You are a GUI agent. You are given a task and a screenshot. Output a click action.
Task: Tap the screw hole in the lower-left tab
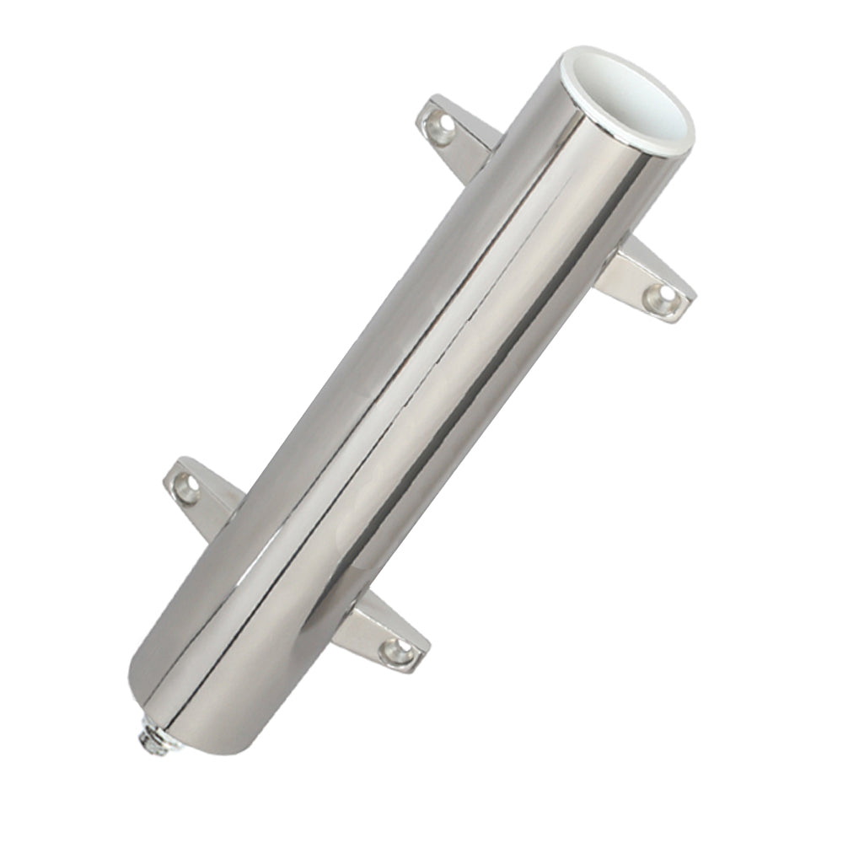(187, 487)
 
